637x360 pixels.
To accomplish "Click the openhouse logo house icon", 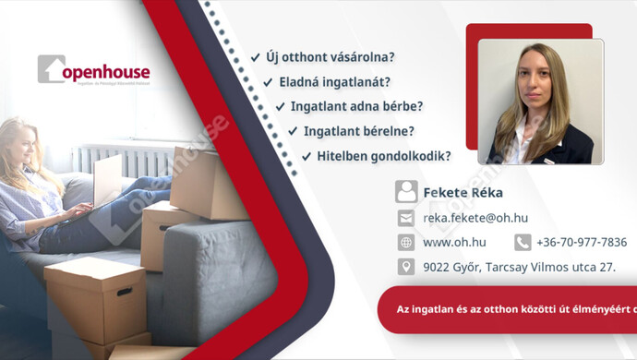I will click(51, 69).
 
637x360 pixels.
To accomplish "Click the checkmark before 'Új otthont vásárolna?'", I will click(255, 57).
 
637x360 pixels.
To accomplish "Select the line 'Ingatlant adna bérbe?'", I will click(356, 106).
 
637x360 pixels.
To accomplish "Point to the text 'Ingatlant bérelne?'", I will click(365, 131).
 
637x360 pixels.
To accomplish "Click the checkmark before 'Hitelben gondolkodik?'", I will click(306, 156).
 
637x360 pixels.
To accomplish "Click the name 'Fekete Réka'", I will click(463, 193).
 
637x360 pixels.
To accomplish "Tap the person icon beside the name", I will click(406, 192).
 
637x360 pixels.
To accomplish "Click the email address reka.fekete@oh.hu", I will click(475, 218).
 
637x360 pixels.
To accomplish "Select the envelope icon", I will click(406, 218).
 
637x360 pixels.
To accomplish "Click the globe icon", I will click(406, 243).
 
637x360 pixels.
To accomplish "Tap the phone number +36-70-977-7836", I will click(581, 243).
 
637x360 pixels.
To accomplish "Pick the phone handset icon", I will click(523, 243).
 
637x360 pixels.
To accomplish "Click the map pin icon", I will click(406, 267).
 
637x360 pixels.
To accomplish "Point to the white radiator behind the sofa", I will click(120, 161).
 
